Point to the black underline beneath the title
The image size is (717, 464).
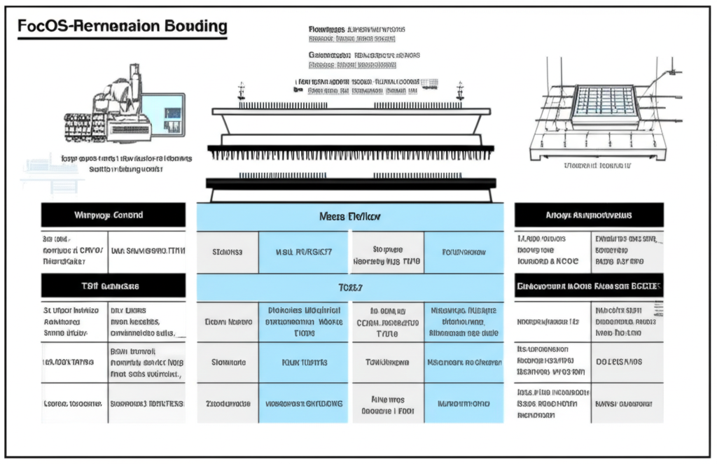click(x=122, y=39)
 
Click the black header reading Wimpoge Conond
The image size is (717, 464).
click(x=113, y=215)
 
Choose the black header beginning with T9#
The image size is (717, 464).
click(x=113, y=286)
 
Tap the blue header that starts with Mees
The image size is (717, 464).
click(x=350, y=217)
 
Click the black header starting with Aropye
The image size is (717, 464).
click(x=588, y=215)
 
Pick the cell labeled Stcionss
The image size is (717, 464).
click(x=228, y=253)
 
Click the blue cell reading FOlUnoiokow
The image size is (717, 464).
click(x=463, y=253)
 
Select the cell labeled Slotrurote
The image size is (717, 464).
click(x=228, y=363)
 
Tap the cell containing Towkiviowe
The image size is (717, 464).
click(x=387, y=363)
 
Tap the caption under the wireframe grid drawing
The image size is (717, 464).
click(x=597, y=166)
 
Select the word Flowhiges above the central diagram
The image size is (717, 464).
click(x=326, y=30)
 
